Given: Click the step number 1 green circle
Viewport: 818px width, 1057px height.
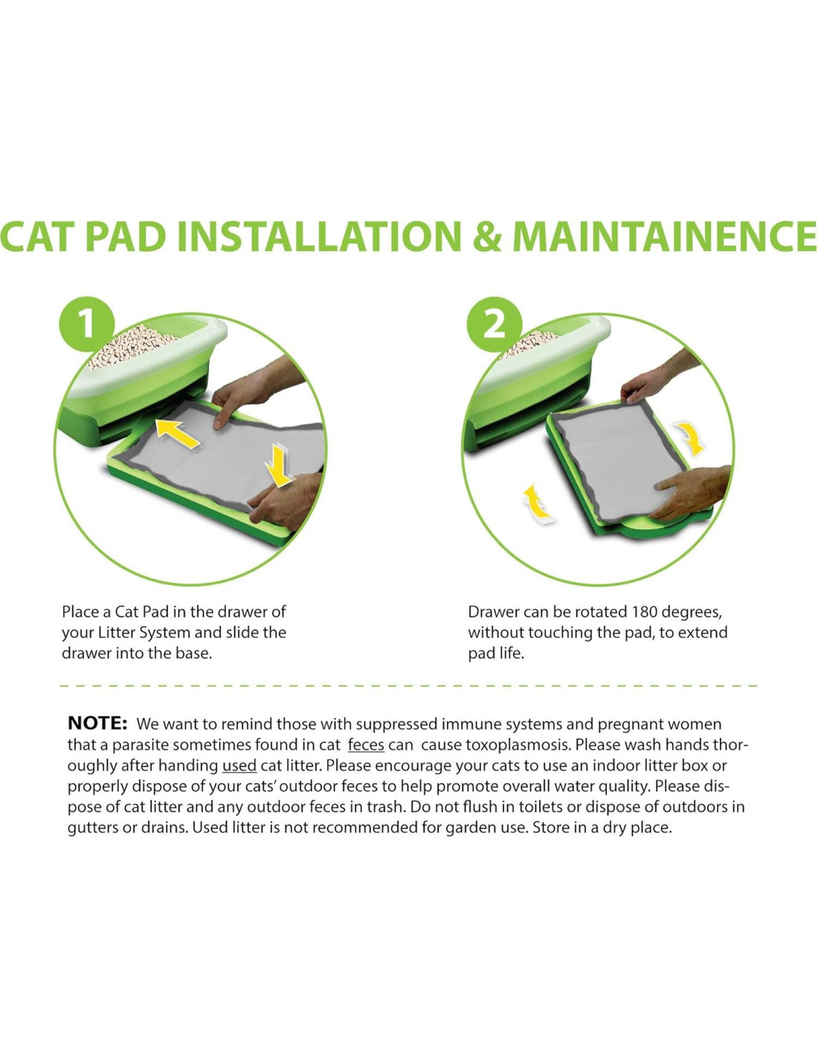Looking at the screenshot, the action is (87, 324).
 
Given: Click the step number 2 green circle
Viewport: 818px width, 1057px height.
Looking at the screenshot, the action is (495, 324).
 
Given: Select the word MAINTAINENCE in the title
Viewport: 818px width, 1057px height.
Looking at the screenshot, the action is (664, 236).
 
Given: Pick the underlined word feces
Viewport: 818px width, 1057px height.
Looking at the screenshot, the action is (366, 746).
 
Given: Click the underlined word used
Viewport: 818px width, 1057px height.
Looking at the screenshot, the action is (239, 766).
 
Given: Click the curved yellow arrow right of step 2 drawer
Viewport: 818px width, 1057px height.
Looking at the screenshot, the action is (691, 437).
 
